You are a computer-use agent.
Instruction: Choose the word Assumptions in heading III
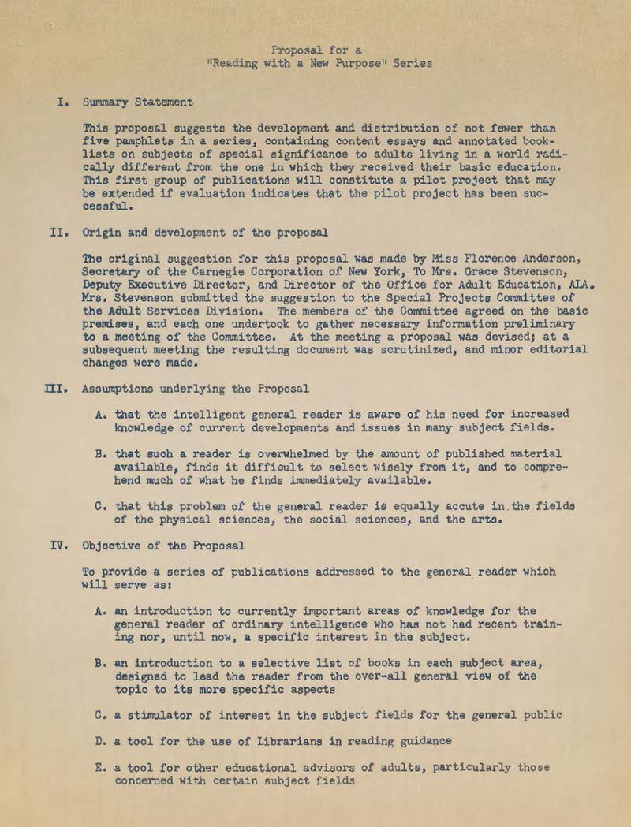tap(122, 389)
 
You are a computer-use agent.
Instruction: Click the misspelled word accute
tap(445, 506)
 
